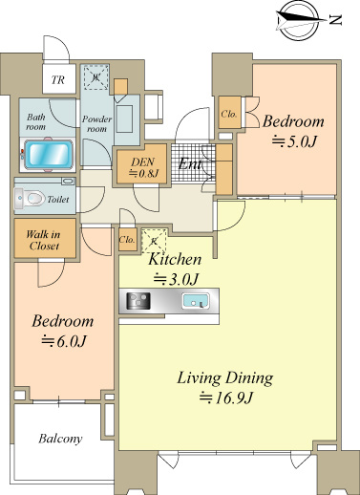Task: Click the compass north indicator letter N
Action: coord(335,20)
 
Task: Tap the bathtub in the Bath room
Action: coord(48,154)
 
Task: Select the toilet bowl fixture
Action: coord(30,198)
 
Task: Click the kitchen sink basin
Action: coord(195,301)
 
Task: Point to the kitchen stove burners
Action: coord(138,301)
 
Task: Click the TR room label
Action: coord(58,79)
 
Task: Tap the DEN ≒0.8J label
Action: coord(143,167)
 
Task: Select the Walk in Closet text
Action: coord(43,240)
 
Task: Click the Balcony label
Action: coord(60,439)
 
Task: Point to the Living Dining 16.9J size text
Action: coord(225,398)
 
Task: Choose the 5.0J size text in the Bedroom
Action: coord(294,141)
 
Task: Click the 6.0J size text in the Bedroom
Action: coord(64,341)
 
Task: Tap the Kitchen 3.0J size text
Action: coord(176,279)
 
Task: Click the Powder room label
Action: coord(96,124)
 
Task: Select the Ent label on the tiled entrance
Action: coord(190,164)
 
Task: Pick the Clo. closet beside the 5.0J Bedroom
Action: coord(229,114)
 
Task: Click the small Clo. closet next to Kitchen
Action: coord(127,240)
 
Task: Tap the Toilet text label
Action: coord(58,200)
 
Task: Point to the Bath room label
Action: coord(35,121)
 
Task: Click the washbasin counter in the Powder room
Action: coord(126,119)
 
